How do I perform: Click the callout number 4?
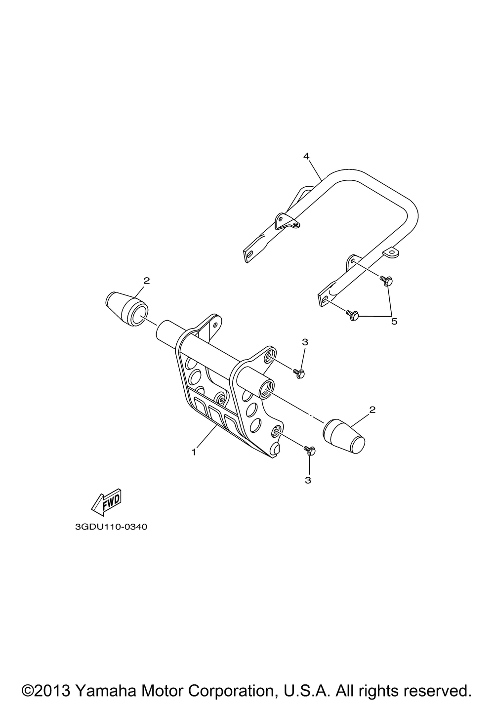(x=306, y=156)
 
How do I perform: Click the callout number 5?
(x=394, y=321)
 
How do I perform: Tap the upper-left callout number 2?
(x=147, y=280)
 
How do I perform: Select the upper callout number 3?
(x=305, y=342)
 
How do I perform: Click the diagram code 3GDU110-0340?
(x=111, y=527)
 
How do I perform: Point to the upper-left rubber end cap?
(x=126, y=307)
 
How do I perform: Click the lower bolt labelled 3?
(x=309, y=451)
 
